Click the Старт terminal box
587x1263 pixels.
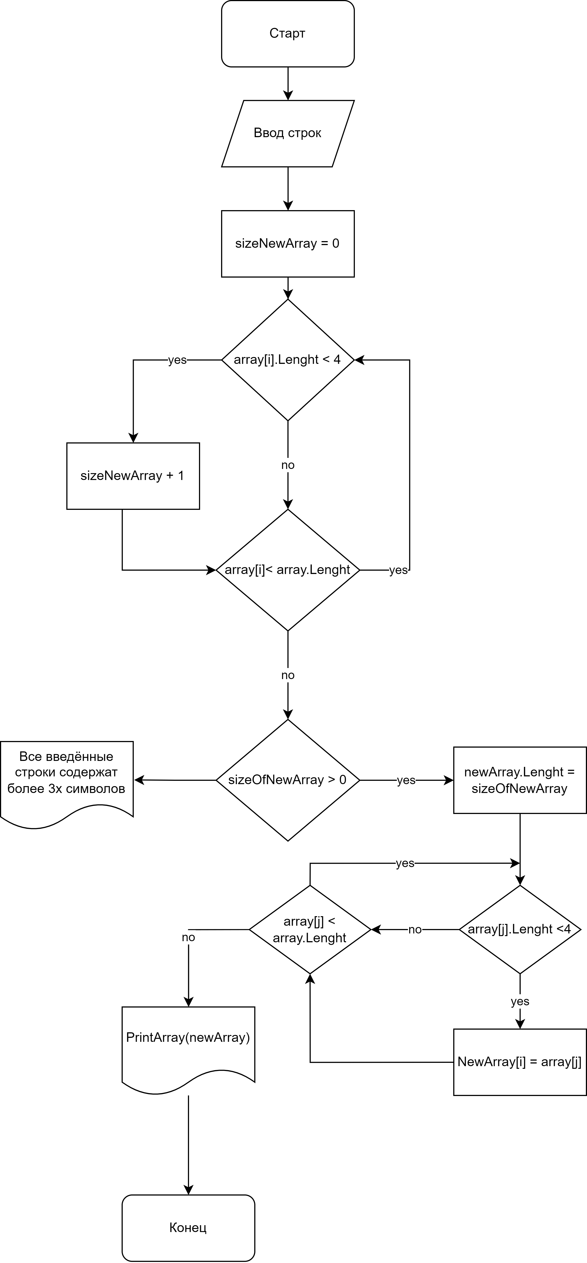pyautogui.click(x=288, y=33)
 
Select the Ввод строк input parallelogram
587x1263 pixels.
pyautogui.click(x=288, y=133)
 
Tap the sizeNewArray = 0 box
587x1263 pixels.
pyautogui.click(x=288, y=244)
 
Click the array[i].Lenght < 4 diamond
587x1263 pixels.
pyautogui.click(x=288, y=360)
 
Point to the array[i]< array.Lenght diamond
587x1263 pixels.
pyautogui.click(x=288, y=570)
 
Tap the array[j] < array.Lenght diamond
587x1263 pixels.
pyautogui.click(x=310, y=930)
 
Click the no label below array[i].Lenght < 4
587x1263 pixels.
pyautogui.click(x=288, y=465)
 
